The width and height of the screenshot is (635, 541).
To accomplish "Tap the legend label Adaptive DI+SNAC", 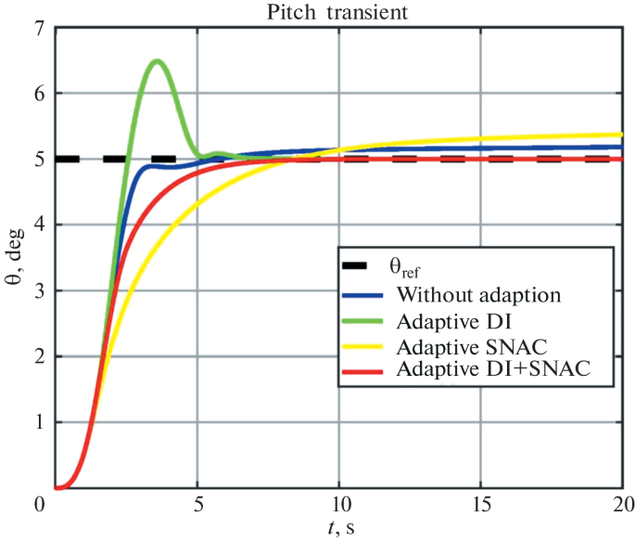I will (x=492, y=369).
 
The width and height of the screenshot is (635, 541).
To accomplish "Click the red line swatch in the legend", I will (x=363, y=369).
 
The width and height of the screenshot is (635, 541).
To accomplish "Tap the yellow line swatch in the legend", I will (x=363, y=345).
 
